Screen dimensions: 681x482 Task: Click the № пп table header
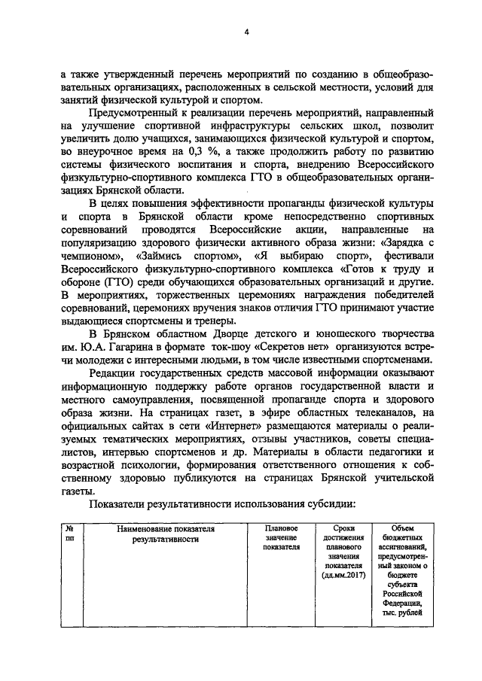[69, 534]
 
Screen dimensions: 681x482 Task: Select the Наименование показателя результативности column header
[166, 534]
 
